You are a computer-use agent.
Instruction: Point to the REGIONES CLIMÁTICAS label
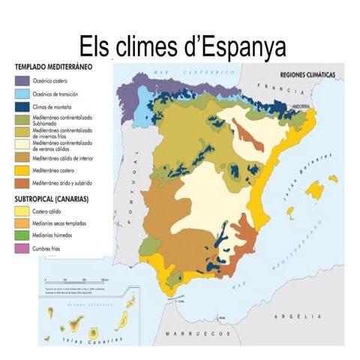coord(307,75)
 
